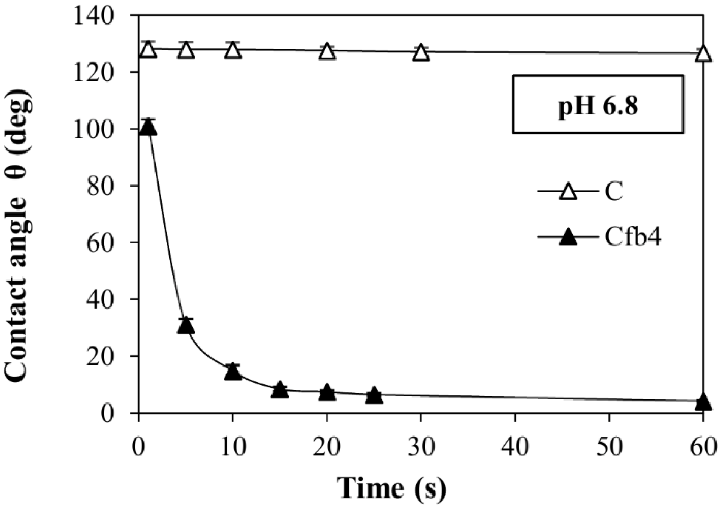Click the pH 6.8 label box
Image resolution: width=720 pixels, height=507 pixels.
(x=598, y=105)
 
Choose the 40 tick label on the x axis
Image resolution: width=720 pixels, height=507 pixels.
(x=515, y=448)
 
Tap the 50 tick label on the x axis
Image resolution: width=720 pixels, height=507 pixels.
(x=609, y=448)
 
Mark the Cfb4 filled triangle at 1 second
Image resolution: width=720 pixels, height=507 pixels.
(x=148, y=128)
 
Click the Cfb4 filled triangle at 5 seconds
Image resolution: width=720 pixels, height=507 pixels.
(x=185, y=326)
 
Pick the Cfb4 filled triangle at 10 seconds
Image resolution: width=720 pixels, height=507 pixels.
(x=233, y=372)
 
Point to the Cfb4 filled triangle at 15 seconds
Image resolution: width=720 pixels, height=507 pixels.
(x=280, y=390)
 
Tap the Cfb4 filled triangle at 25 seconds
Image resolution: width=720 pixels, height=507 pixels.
(x=374, y=395)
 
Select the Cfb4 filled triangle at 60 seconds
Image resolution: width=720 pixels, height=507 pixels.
(x=703, y=402)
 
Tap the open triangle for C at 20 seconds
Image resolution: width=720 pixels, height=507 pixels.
(x=327, y=52)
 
